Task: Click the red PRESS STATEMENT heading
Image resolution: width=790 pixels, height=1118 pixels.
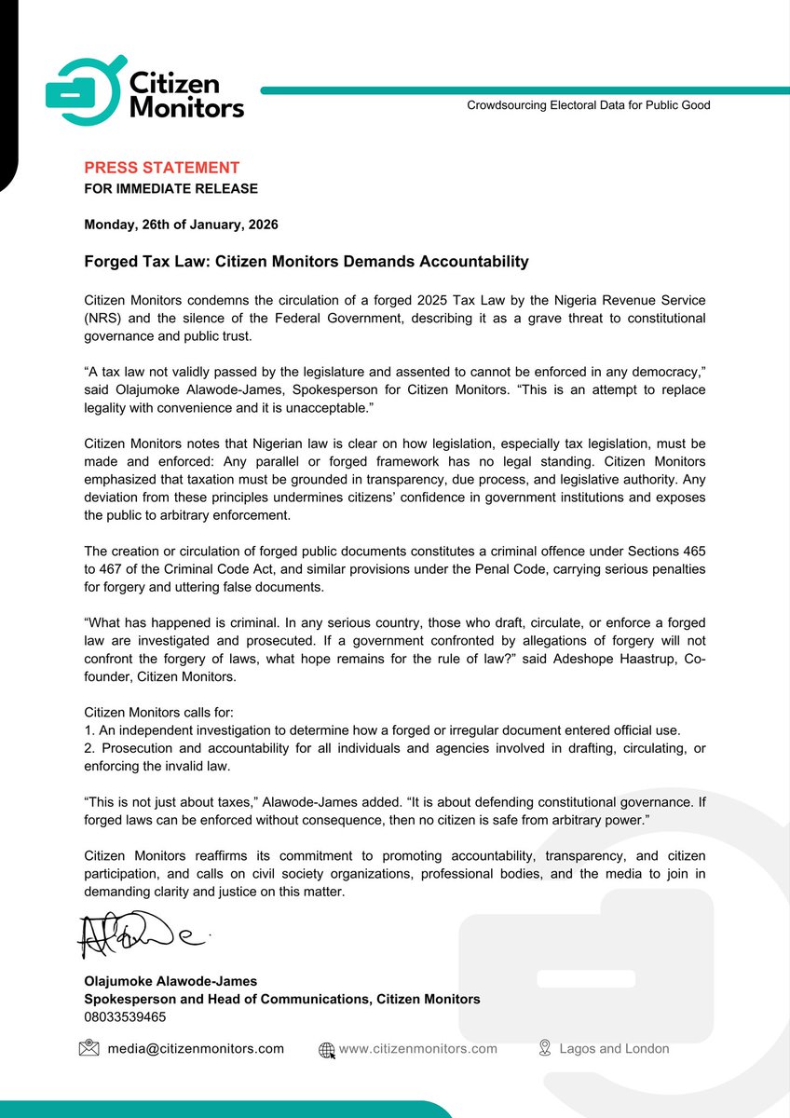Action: point(161,168)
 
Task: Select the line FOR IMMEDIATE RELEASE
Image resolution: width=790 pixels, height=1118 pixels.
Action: point(170,189)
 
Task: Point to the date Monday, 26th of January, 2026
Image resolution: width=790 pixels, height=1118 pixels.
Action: point(181,225)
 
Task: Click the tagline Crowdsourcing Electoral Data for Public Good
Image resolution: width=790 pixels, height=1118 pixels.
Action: point(588,105)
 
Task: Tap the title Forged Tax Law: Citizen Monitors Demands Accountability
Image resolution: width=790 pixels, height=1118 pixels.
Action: point(306,262)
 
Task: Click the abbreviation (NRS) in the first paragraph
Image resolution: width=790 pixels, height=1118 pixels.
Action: point(102,319)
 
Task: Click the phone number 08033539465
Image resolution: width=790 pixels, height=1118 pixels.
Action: point(125,1016)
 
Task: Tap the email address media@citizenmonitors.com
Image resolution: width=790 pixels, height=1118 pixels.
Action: point(196,1049)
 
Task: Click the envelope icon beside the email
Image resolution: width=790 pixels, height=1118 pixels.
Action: point(89,1049)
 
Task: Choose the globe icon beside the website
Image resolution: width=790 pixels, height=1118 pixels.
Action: point(327,1049)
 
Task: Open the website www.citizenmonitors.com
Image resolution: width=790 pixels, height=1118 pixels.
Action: point(417,1049)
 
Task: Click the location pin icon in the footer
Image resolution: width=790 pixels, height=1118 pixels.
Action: point(545,1049)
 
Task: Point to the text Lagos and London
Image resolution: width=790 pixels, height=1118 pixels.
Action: point(614,1049)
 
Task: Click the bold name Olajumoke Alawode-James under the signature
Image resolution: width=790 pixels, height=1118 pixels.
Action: point(170,981)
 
